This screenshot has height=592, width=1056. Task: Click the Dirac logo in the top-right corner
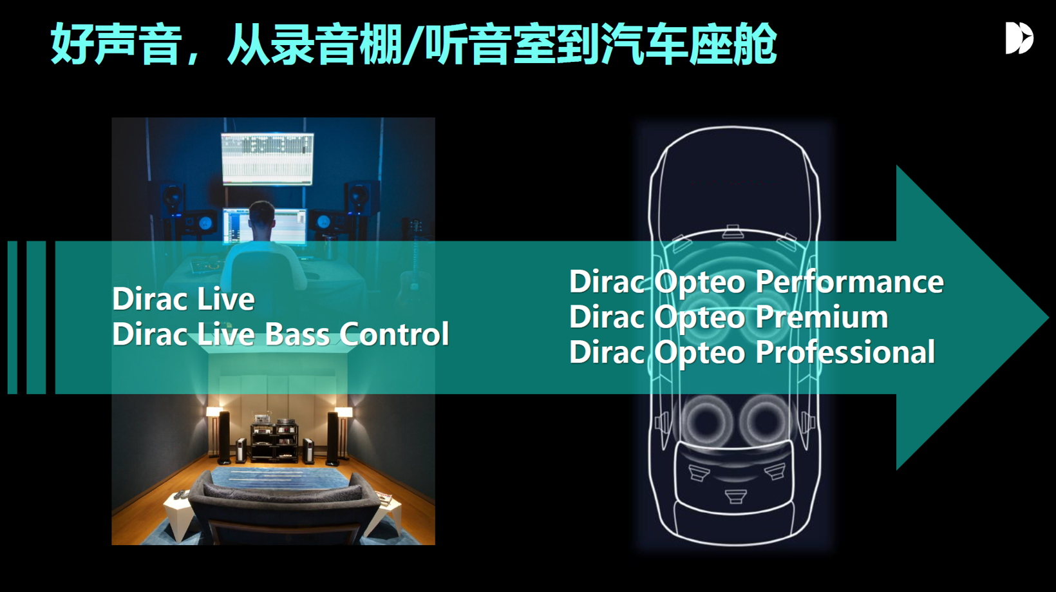point(1019,38)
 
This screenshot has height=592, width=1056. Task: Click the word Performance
point(849,282)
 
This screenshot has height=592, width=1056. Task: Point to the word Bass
point(297,334)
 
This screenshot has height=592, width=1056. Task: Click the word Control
point(393,334)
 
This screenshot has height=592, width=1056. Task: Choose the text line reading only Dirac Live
point(184,299)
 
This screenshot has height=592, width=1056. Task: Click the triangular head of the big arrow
point(966,317)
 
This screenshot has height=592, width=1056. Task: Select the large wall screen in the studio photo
point(267,158)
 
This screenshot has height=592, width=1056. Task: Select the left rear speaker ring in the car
point(707,423)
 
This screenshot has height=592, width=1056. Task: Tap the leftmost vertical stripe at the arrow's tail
point(12,317)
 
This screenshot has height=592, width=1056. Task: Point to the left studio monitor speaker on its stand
point(172,200)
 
